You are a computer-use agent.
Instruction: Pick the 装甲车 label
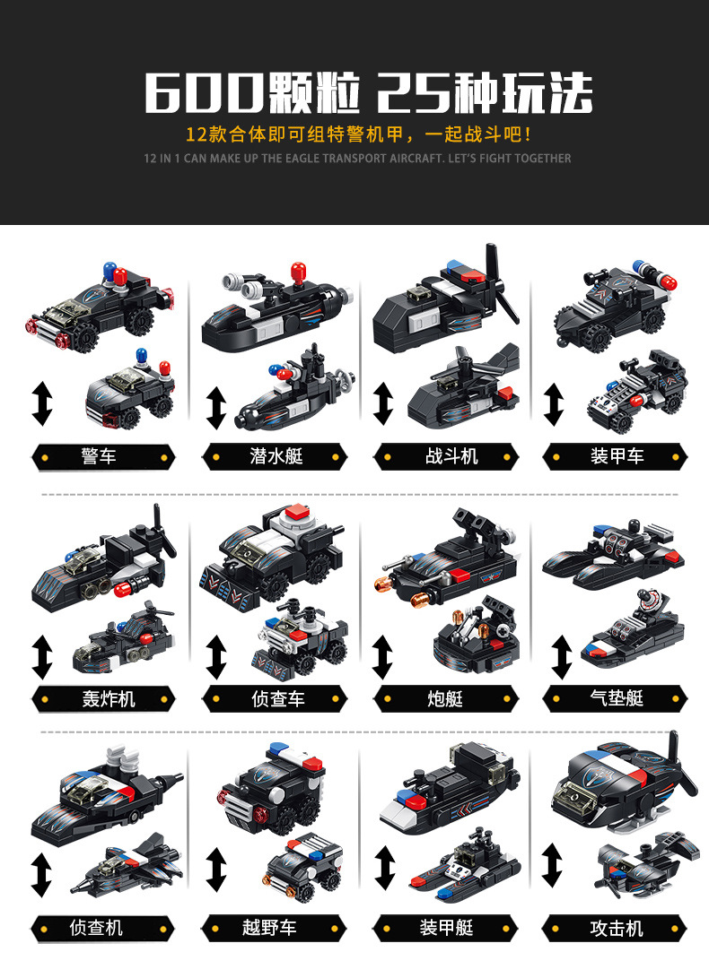point(617,456)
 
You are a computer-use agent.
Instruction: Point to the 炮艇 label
point(445,698)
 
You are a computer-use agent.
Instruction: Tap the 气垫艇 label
point(617,697)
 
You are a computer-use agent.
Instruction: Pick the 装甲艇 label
point(446,928)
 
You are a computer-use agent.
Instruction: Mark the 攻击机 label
point(617,928)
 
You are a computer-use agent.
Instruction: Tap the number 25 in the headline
point(414,91)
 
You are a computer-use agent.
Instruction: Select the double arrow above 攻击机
point(552,865)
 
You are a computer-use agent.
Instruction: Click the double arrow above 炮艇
point(383,656)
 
